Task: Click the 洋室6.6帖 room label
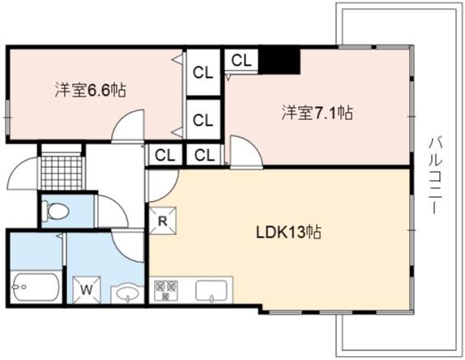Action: pos(91,90)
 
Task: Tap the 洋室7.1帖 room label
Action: pos(317,113)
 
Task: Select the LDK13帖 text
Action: pos(288,233)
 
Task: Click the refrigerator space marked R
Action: pos(162,221)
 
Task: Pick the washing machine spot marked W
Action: pos(87,290)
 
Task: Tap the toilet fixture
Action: pos(55,211)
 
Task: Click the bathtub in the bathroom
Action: pos(36,287)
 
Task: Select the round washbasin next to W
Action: pos(127,294)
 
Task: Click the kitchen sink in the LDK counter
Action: pos(211,291)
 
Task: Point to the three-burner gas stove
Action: pos(166,290)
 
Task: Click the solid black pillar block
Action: pos(279,62)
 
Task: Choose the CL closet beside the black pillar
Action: pos(241,60)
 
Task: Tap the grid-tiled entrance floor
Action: pos(62,173)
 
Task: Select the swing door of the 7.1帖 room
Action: pos(246,152)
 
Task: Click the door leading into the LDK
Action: pos(163,186)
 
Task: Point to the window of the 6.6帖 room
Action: pos(8,117)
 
